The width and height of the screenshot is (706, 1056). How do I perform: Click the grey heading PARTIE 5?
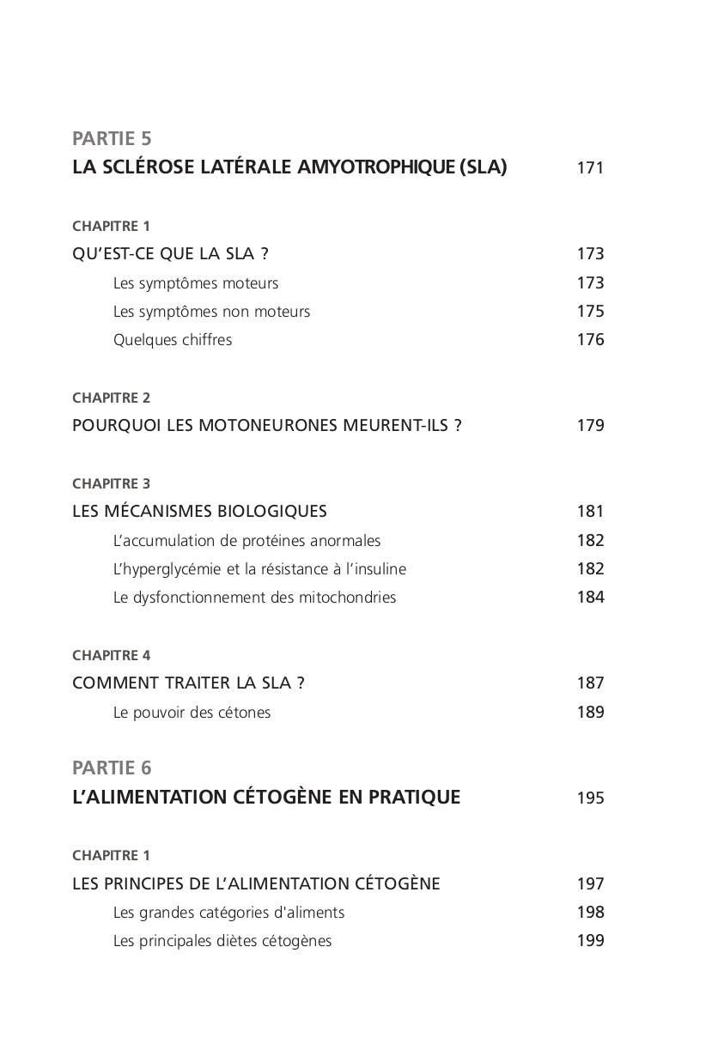point(112,138)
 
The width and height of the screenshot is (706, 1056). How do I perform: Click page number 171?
point(590,168)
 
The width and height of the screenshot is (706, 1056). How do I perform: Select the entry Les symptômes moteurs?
point(196,283)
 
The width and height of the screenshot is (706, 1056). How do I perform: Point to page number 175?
point(590,312)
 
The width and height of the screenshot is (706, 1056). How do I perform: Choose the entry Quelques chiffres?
point(173,340)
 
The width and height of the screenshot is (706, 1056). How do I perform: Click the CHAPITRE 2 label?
point(112,398)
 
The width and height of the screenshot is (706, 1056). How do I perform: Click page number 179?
point(590,426)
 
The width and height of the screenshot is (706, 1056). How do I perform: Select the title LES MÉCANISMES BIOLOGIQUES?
point(199,512)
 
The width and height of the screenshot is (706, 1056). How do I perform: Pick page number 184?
point(590,598)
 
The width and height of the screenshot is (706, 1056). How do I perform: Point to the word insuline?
point(379,569)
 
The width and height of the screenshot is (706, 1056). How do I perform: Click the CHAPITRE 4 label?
point(112,656)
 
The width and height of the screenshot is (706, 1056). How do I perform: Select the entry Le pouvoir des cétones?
point(192,713)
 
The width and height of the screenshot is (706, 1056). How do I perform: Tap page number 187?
point(590,683)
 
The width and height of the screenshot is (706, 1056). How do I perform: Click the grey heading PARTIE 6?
point(112,768)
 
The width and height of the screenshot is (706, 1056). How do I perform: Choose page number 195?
point(590,798)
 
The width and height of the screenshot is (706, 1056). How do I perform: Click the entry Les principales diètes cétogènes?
point(222,941)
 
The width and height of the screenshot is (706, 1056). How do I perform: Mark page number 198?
point(590,913)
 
